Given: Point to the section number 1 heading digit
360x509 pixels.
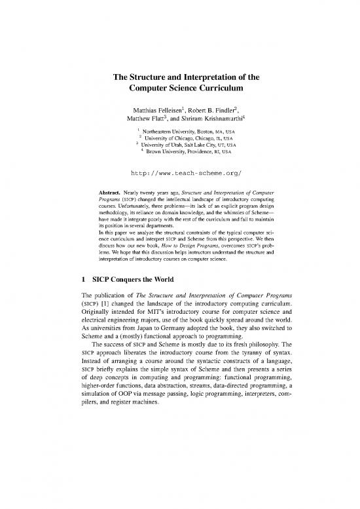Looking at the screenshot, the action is coord(77,294).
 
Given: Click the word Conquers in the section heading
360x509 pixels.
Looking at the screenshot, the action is coord(125,294).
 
